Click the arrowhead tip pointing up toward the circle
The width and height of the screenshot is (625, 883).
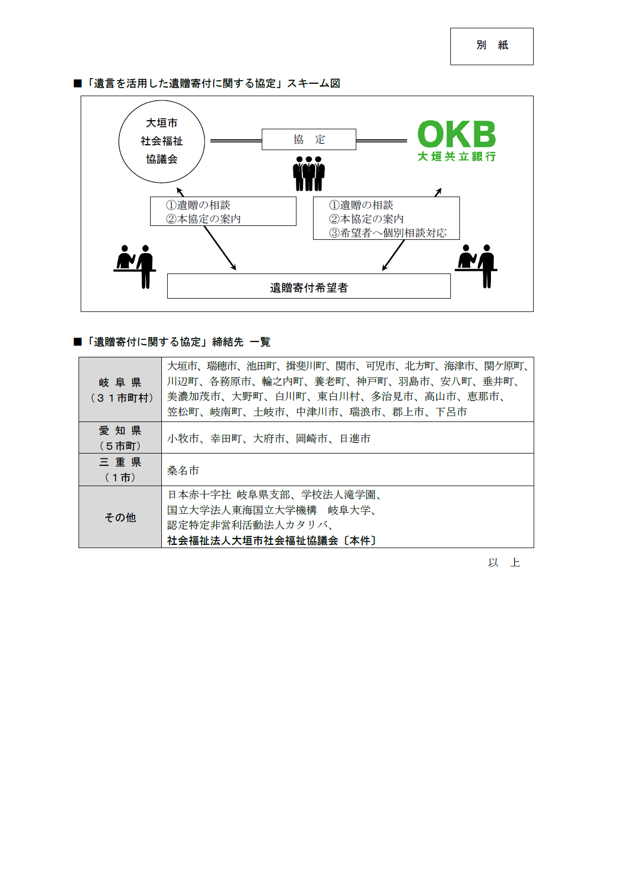(x=177, y=188)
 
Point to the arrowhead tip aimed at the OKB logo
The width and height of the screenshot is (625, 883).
(x=441, y=189)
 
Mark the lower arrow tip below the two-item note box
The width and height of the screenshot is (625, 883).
(x=236, y=270)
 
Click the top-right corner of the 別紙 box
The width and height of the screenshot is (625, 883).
(x=533, y=28)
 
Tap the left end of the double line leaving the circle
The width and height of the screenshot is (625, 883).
(x=210, y=140)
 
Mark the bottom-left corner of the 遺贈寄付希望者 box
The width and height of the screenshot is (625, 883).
(x=168, y=298)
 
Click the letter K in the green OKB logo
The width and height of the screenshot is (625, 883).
(x=457, y=134)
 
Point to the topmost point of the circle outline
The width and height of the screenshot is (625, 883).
(x=162, y=100)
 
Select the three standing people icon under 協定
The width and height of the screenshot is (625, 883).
(x=309, y=174)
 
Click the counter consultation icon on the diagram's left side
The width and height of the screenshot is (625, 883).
(x=135, y=267)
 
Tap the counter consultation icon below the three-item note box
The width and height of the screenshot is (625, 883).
(x=476, y=266)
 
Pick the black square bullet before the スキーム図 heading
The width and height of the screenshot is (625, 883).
(x=77, y=83)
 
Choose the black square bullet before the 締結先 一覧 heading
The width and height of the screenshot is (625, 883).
(x=77, y=342)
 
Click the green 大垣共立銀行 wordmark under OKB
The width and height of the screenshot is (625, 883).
(x=457, y=157)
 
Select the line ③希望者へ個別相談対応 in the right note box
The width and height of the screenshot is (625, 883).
(x=388, y=232)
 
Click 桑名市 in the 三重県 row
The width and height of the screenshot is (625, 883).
(x=183, y=470)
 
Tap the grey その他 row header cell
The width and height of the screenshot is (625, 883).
(x=120, y=517)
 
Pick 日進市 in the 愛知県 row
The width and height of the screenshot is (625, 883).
(x=355, y=439)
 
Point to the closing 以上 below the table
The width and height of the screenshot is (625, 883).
(x=504, y=562)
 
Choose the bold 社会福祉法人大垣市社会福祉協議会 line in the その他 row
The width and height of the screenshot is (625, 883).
(x=253, y=541)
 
